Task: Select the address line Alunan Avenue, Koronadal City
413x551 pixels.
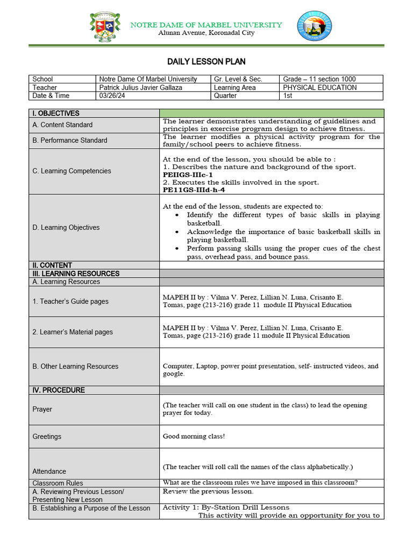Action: [206, 33]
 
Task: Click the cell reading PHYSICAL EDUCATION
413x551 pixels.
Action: [319, 88]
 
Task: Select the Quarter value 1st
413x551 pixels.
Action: [288, 96]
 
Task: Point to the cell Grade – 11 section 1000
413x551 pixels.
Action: [319, 79]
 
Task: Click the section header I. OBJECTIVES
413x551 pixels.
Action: [56, 114]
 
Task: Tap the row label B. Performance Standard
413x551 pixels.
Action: [70, 140]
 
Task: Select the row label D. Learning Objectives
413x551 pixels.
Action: [66, 228]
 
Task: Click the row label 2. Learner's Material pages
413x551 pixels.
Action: [73, 332]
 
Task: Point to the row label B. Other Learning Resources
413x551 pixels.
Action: [75, 366]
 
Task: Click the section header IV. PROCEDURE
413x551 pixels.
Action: [59, 390]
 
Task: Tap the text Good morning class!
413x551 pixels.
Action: [194, 436]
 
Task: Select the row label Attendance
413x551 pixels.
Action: [49, 471]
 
